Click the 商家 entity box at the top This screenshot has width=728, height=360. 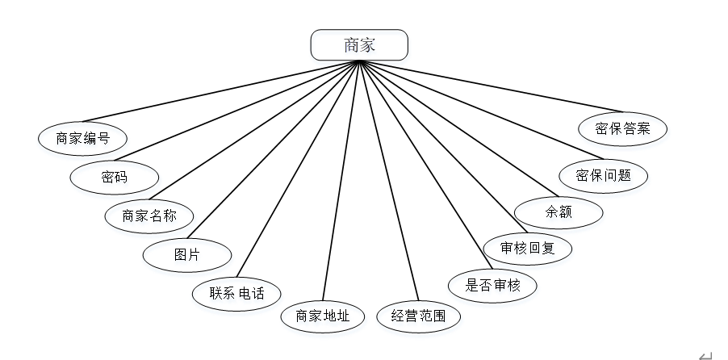pyautogui.click(x=360, y=44)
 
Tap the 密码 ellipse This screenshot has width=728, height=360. pyautogui.click(x=115, y=176)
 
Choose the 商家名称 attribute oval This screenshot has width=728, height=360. pyautogui.click(x=150, y=216)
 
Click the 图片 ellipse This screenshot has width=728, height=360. pyautogui.click(x=186, y=255)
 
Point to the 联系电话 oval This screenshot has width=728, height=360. pyautogui.click(x=239, y=292)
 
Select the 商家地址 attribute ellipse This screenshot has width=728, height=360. pyautogui.click(x=323, y=316)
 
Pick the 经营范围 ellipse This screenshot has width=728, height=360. pyautogui.click(x=418, y=316)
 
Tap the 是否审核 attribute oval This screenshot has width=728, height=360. pyautogui.click(x=492, y=284)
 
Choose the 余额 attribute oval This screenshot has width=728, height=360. pyautogui.click(x=559, y=212)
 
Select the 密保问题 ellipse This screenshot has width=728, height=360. pyautogui.click(x=604, y=175)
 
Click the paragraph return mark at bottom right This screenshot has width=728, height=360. pyautogui.click(x=705, y=354)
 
